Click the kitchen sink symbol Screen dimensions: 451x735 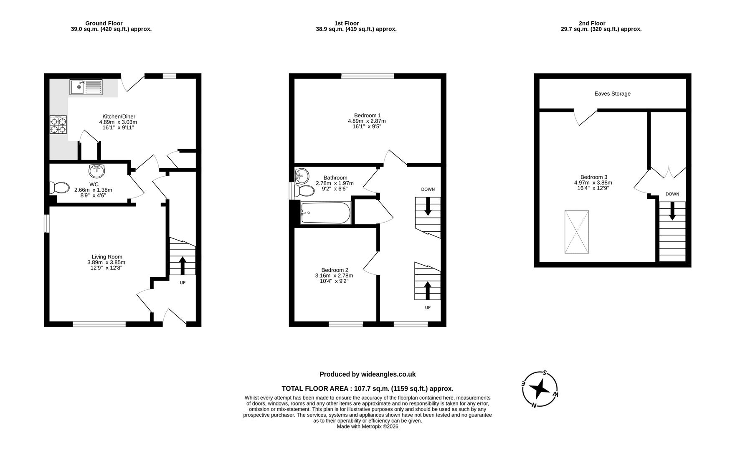pyautogui.click(x=84, y=87)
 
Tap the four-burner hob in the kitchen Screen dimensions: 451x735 pyautogui.click(x=58, y=125)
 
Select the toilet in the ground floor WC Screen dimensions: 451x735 pyautogui.click(x=59, y=188)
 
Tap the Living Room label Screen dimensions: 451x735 pyautogui.click(x=107, y=257)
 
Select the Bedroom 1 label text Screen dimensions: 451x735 pyautogui.click(x=367, y=115)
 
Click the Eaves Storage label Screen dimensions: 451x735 pyautogui.click(x=612, y=94)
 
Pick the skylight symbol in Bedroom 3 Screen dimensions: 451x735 pyautogui.click(x=577, y=232)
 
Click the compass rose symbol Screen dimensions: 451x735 pyautogui.click(x=540, y=389)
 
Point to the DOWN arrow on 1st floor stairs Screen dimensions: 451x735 pyautogui.click(x=428, y=207)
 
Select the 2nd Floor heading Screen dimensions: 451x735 pyautogui.click(x=592, y=23)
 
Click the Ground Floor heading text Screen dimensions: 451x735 pyautogui.click(x=104, y=23)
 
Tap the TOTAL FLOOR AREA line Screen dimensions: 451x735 pyautogui.click(x=367, y=388)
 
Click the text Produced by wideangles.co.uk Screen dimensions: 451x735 pyautogui.click(x=367, y=374)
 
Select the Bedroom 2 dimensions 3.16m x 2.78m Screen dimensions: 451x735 pyautogui.click(x=334, y=276)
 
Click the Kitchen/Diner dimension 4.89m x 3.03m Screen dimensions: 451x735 pyautogui.click(x=118, y=122)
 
